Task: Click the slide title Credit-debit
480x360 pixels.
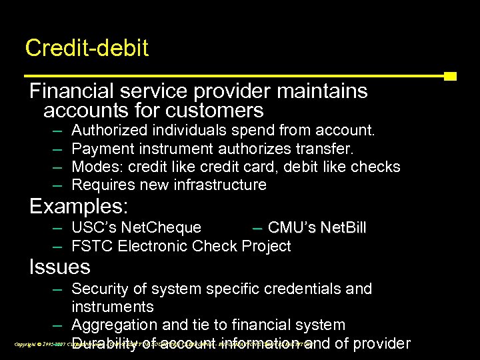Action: tap(87, 48)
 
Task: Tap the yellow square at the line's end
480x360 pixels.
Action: tap(450, 76)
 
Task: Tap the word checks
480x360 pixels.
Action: tap(377, 166)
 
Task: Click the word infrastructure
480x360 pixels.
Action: tap(219, 185)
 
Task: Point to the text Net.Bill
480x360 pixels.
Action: tap(343, 228)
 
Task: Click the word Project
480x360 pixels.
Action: tap(266, 246)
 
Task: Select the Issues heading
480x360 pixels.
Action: tap(60, 267)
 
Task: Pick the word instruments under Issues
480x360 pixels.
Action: tap(112, 307)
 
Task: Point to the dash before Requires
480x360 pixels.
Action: tap(57, 185)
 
